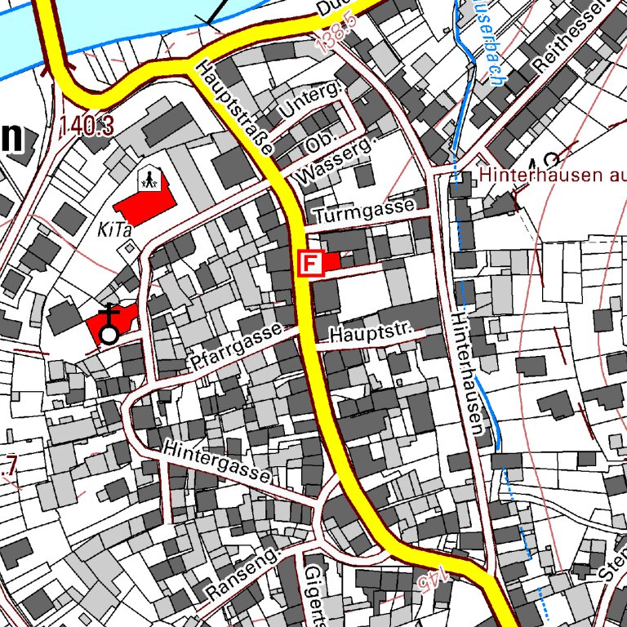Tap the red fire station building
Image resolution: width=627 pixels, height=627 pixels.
point(331,262)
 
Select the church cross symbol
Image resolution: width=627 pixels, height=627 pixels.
point(109,316)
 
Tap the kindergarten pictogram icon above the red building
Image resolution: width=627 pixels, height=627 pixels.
point(149,178)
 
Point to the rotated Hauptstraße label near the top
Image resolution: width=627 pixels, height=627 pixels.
point(233,107)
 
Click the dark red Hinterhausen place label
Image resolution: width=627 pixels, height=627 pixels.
point(552,174)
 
